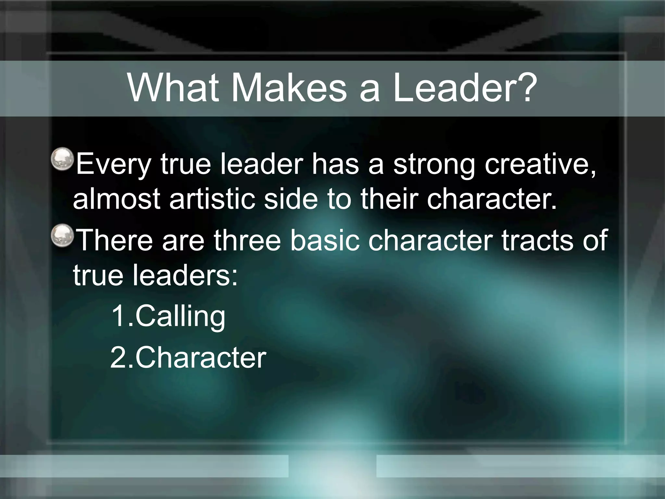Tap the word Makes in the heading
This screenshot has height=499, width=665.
(289, 88)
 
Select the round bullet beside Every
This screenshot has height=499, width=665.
(63, 159)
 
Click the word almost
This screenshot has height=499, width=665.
(117, 199)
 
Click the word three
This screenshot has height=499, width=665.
(247, 240)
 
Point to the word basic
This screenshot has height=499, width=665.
(325, 240)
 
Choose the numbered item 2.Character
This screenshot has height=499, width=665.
(188, 358)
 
